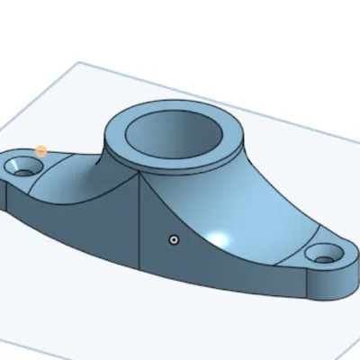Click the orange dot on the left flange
coord(41,152)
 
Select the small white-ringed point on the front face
coord(175,240)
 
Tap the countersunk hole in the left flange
coord(24,166)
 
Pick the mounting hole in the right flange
coord(323,258)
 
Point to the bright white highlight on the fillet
coord(220,238)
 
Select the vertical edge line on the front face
coord(140,225)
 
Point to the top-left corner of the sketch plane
coord(79,62)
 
